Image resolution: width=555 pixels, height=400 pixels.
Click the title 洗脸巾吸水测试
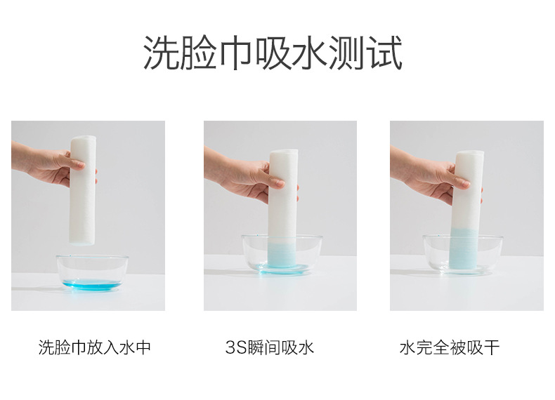tap(273, 53)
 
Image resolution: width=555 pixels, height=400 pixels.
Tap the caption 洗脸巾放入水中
tap(95, 347)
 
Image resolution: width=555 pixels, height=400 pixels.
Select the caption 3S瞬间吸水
tap(269, 347)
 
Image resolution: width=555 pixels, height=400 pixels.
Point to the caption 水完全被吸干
tap(449, 347)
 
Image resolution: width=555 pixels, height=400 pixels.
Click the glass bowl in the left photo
tap(92, 273)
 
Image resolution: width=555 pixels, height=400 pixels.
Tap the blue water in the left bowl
tap(92, 285)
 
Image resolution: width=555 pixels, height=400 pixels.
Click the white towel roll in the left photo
tap(83, 190)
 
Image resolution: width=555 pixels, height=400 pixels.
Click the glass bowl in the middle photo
tap(282, 254)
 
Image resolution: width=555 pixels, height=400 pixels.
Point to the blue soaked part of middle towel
tap(282, 255)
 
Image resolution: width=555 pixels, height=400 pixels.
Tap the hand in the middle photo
tap(244, 177)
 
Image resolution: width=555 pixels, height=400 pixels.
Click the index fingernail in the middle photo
tap(280, 184)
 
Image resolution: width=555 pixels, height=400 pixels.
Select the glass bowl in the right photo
tap(463, 255)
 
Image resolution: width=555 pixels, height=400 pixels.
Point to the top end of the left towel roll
tap(83, 138)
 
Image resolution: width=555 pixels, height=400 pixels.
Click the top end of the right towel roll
tap(470, 153)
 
